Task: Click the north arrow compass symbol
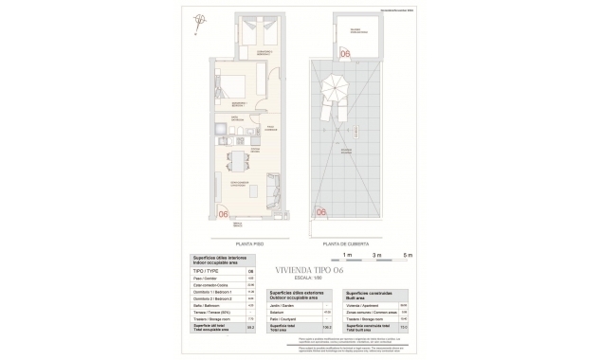200,19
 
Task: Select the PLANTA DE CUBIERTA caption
345,243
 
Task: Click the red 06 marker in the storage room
345,55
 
